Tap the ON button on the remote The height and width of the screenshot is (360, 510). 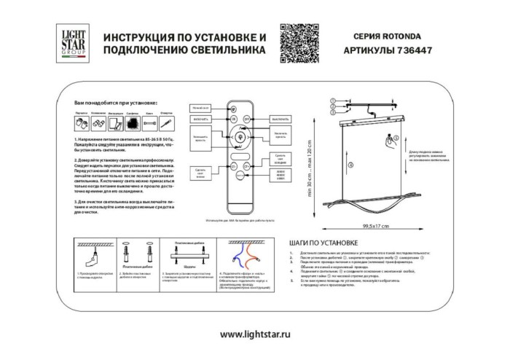pos(233,117)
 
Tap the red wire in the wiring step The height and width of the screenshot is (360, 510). pos(251,257)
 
